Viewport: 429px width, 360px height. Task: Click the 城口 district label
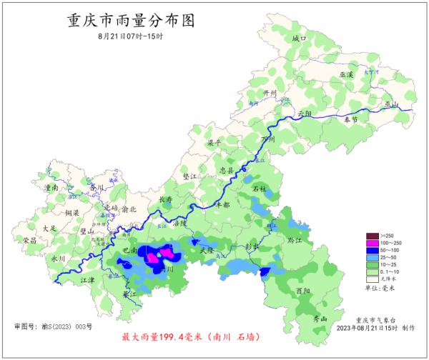pyautogui.click(x=298, y=37)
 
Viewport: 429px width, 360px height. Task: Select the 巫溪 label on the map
pyautogui.click(x=347, y=74)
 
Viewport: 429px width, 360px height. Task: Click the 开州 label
pyautogui.click(x=270, y=93)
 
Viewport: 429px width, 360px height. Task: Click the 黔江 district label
pyautogui.click(x=295, y=240)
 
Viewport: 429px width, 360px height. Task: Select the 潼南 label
pyautogui.click(x=51, y=187)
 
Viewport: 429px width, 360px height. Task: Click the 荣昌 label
pyautogui.click(x=29, y=240)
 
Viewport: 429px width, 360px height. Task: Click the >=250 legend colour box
pyautogui.click(x=371, y=236)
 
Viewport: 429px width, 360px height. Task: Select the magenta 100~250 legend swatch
pyautogui.click(x=371, y=243)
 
